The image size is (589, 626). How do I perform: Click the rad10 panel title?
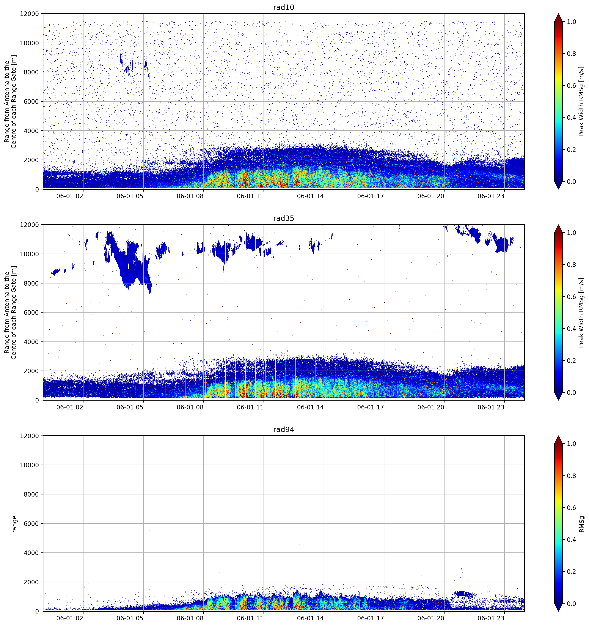pyautogui.click(x=283, y=8)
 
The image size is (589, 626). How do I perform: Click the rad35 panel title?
pyautogui.click(x=283, y=219)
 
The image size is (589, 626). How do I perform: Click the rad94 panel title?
pyautogui.click(x=283, y=429)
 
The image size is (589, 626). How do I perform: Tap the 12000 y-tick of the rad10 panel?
pyautogui.click(x=29, y=14)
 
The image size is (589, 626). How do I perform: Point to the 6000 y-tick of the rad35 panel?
pyautogui.click(x=31, y=312)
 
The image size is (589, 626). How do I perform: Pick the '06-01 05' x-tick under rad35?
pyautogui.click(x=130, y=407)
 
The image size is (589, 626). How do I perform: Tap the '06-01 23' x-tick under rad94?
pyautogui.click(x=491, y=618)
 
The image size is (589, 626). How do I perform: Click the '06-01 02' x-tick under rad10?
pyautogui.click(x=70, y=196)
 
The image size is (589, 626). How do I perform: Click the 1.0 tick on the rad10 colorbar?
pyautogui.click(x=571, y=22)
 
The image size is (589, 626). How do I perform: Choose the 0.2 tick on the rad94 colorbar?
pyautogui.click(x=571, y=571)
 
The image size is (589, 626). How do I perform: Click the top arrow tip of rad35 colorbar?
pyautogui.click(x=558, y=225)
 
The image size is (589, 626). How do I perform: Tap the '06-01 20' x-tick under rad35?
pyautogui.click(x=431, y=407)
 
